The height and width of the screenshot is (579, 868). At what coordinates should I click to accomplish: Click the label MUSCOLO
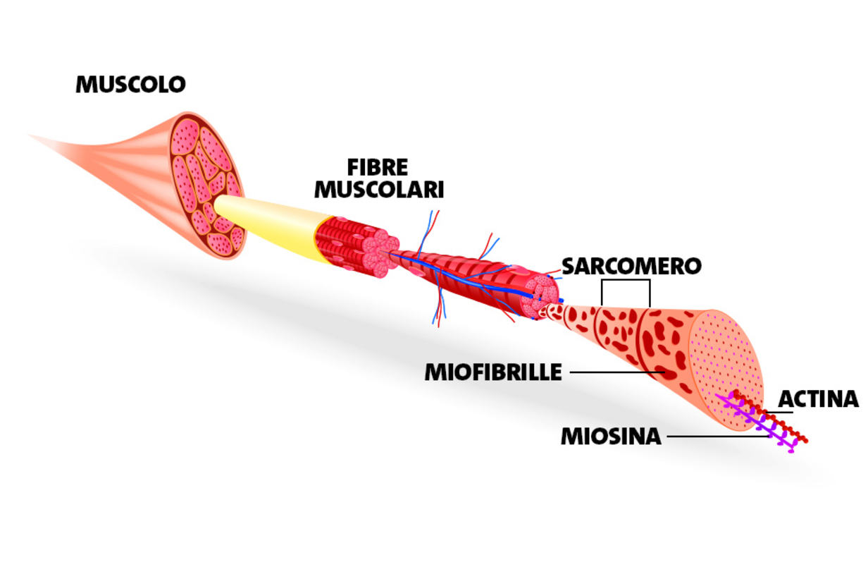click(130, 85)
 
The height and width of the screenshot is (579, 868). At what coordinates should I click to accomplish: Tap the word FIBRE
click(378, 168)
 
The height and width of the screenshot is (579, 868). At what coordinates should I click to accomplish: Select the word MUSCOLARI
click(378, 189)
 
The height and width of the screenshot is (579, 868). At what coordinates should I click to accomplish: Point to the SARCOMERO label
click(631, 266)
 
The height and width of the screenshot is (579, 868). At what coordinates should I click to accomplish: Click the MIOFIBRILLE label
click(493, 372)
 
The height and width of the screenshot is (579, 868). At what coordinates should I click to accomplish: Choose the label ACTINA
click(818, 399)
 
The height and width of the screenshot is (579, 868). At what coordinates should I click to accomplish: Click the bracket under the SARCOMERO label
click(625, 281)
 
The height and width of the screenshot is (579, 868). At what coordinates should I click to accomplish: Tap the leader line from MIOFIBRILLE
click(616, 372)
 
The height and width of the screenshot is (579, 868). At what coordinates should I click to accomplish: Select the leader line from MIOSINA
click(715, 437)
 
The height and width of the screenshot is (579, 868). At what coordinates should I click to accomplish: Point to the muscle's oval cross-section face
click(206, 185)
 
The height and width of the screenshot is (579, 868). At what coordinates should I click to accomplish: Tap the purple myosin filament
click(757, 424)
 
